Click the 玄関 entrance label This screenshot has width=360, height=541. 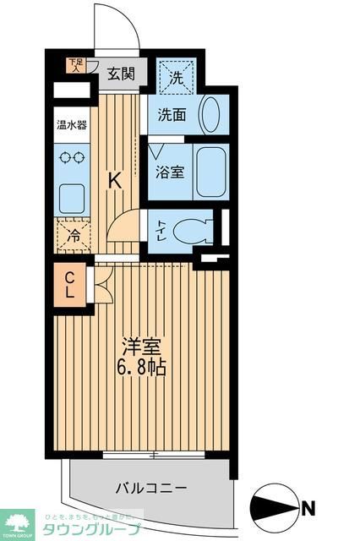121,74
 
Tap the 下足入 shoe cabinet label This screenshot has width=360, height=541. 77,64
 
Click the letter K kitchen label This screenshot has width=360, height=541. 117,179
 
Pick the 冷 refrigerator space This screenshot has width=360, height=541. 74,236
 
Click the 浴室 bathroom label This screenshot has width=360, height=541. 169,172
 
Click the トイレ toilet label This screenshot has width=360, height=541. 161,228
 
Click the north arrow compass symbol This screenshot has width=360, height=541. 276,509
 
